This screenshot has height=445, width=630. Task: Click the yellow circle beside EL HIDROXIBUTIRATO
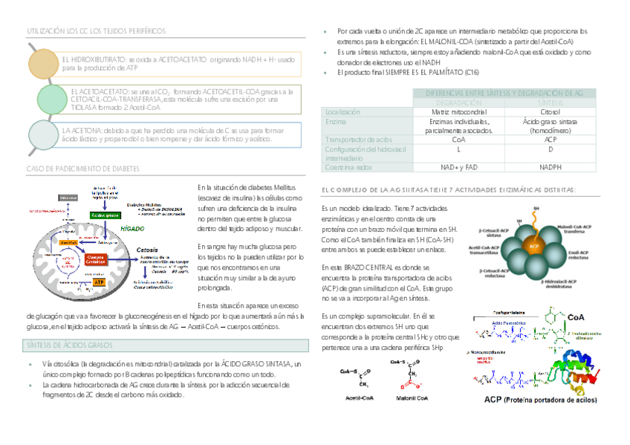pyautogui.click(x=43, y=63)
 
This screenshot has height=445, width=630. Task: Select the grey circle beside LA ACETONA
pyautogui.click(x=43, y=134)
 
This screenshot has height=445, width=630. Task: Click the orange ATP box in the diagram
pyautogui.click(x=100, y=282)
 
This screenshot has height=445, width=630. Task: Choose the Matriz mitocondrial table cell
pyautogui.click(x=458, y=111)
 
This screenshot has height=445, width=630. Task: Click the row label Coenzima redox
pyautogui.click(x=348, y=167)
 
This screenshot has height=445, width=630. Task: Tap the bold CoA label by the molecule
pyautogui.click(x=576, y=317)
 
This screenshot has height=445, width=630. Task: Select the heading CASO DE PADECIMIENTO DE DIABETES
pyautogui.click(x=82, y=169)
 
